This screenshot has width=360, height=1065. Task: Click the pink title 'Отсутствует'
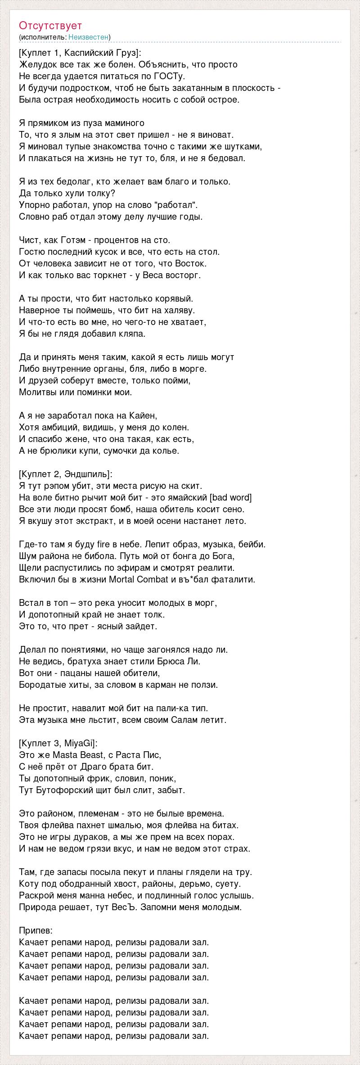(50, 26)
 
